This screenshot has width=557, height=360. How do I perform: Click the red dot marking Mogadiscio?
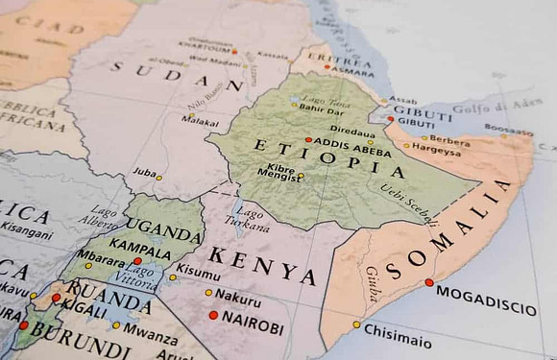coord(429,282)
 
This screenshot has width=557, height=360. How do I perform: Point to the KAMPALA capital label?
coord(139,244)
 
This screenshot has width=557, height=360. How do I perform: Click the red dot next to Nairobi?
coord(213,315)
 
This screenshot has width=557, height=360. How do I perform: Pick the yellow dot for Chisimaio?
coord(356,324)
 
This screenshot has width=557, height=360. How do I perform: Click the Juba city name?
coord(144,174)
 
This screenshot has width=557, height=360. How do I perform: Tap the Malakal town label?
coord(201,123)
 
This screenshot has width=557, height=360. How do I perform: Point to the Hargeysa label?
coord(437,152)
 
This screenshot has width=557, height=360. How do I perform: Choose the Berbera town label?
coord(449,140)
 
